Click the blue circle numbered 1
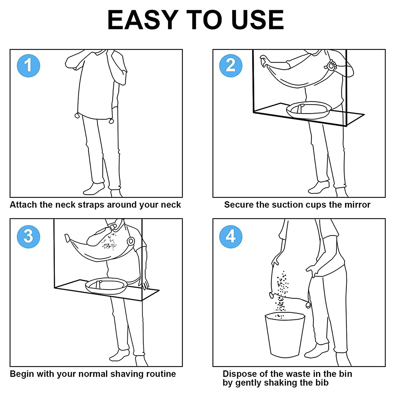pyautogui.click(x=28, y=65)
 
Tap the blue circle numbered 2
pyautogui.click(x=231, y=65)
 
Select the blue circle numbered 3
pyautogui.click(x=28, y=236)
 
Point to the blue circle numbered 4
pyautogui.click(x=231, y=236)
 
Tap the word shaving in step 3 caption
pyautogui.click(x=125, y=374)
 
